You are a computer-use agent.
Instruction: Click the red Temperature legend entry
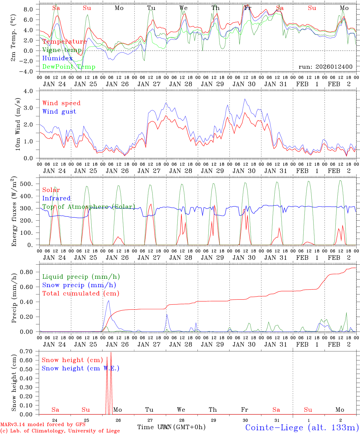pyautogui.click(x=65, y=42)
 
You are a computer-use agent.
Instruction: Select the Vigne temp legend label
pyautogui.click(x=62, y=50)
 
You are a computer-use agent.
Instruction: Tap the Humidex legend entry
pyautogui.click(x=58, y=58)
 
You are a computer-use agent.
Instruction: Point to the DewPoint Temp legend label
pyautogui.click(x=69, y=67)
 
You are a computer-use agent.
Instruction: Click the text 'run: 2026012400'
pyautogui.click(x=325, y=67)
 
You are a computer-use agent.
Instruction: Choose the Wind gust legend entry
pyautogui.click(x=59, y=112)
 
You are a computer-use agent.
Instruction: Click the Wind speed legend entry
pyautogui.click(x=62, y=103)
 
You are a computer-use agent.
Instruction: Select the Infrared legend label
pyautogui.click(x=56, y=198)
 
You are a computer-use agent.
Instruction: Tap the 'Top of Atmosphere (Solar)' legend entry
pyautogui.click(x=89, y=207)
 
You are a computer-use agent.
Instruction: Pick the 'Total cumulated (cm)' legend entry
pyautogui.click(x=81, y=293)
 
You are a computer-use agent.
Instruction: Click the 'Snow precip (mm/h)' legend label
pyautogui.click(x=79, y=285)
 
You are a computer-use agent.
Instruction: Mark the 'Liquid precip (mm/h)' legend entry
pyautogui.click(x=81, y=277)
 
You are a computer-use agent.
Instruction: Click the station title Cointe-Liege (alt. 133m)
pyautogui.click(x=302, y=427)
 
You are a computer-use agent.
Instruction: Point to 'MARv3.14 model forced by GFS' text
pyautogui.click(x=43, y=424)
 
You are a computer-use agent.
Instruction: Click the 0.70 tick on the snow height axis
pyautogui.click(x=30, y=351)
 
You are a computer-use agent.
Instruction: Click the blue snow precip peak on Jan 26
pyautogui.click(x=109, y=301)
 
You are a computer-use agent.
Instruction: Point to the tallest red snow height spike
pyautogui.click(x=111, y=353)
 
